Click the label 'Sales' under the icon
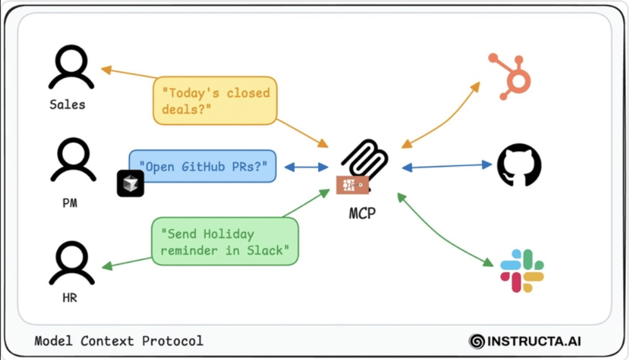(x=67, y=104)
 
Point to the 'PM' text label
(x=70, y=203)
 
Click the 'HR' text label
(x=70, y=298)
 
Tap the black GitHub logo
(x=519, y=167)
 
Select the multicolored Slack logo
(x=522, y=271)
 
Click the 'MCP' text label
(x=362, y=213)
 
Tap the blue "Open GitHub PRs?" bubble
(x=203, y=167)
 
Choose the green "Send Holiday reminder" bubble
(x=225, y=242)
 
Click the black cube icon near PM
(x=130, y=183)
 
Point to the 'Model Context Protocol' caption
(x=119, y=341)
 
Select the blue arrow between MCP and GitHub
(x=447, y=166)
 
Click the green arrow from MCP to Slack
(x=443, y=230)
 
